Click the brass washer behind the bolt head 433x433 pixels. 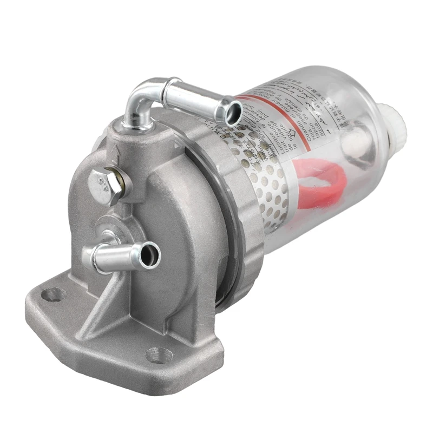coord(123,183)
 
